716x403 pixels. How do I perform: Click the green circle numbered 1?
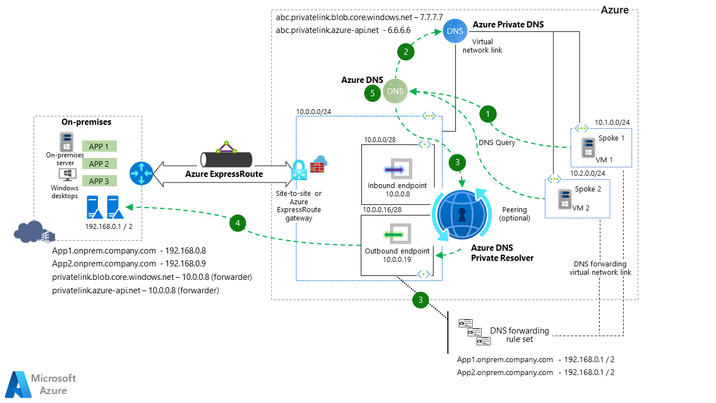(488, 114)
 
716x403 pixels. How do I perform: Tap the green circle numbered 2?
(406, 52)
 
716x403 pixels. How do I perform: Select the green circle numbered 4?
(238, 223)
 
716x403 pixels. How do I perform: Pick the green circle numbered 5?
(373, 92)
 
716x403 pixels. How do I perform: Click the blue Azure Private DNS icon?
(454, 31)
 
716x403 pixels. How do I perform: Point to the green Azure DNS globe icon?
(395, 91)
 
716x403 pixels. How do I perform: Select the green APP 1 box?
(99, 146)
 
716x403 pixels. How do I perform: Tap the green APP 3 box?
(99, 181)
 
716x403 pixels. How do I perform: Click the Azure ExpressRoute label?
(223, 174)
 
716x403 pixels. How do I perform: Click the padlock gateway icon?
(299, 171)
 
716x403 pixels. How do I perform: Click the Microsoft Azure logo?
(41, 384)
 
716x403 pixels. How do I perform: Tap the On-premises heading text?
(86, 122)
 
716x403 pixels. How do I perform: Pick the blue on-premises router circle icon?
(140, 174)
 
